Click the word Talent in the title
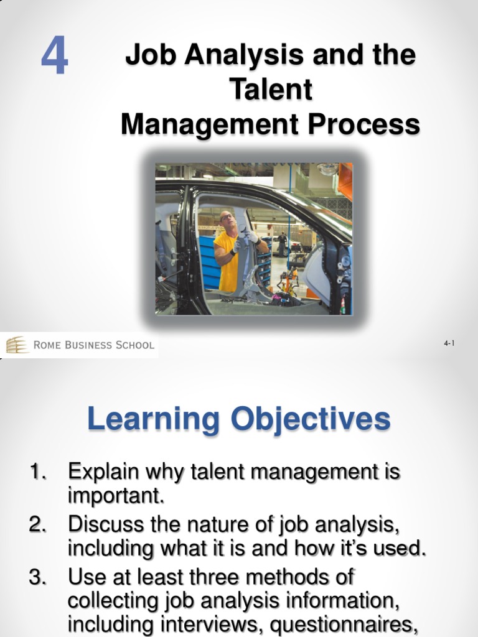[x=271, y=90]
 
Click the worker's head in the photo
[x=226, y=220]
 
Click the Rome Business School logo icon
[x=17, y=345]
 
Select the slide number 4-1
[x=450, y=343]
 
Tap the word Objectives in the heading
[x=311, y=419]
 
